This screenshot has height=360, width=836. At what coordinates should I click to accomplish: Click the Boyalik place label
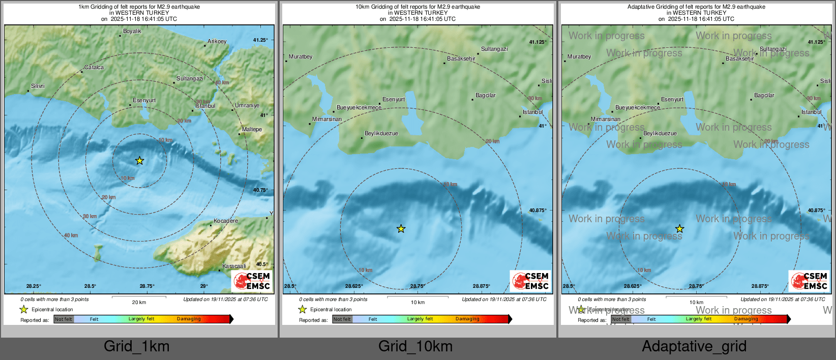[x=132, y=32]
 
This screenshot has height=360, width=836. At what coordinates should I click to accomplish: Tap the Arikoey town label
[x=217, y=42]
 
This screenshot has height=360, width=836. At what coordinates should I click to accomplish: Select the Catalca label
[x=94, y=68]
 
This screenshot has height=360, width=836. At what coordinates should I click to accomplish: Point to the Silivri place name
[x=38, y=86]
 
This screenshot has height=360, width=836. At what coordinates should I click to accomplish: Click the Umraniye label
[x=247, y=106]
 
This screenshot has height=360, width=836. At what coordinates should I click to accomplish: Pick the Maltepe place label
[x=252, y=130]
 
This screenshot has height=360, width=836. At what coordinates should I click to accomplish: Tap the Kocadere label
[x=226, y=221]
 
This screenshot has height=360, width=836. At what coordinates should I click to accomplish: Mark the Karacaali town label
[x=234, y=266]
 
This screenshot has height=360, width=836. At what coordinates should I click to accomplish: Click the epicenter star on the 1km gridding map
[x=140, y=161]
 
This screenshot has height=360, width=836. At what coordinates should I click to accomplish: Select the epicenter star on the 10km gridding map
[x=401, y=229]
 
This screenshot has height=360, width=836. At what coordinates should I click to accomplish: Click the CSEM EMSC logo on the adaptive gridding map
[x=809, y=281]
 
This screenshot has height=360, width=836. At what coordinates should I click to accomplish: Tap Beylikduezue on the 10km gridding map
[x=381, y=134]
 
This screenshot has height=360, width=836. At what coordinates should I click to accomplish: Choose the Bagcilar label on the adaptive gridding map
[x=764, y=96]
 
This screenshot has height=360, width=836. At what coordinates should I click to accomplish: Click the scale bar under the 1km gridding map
[x=139, y=297]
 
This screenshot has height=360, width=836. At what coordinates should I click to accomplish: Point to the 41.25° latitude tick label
[x=260, y=40]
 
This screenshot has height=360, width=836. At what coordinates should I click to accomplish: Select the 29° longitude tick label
[x=204, y=286]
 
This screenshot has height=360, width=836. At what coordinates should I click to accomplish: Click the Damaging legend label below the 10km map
[x=467, y=319]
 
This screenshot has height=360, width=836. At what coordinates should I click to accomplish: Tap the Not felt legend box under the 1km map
[x=64, y=319]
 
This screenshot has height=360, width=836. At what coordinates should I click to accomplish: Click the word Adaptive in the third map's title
[x=639, y=7]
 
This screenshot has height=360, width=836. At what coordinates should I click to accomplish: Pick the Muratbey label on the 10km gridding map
[x=301, y=57]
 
